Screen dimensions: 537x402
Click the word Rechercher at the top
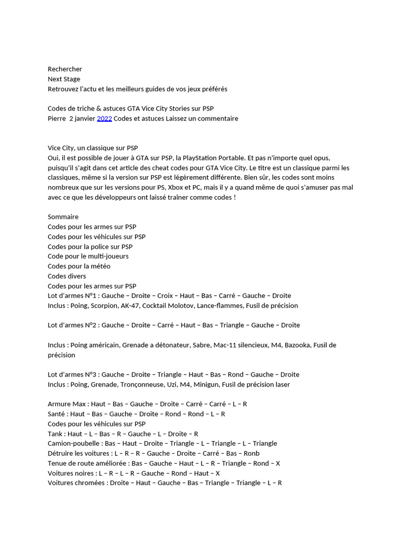[65, 69]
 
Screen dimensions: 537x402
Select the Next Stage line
[64, 79]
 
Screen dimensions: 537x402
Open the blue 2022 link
[105, 119]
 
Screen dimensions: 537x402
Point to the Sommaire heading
[63, 217]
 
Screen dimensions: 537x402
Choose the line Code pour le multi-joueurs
[88, 256]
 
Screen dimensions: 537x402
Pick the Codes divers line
[67, 276]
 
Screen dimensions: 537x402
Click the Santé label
[57, 414]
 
